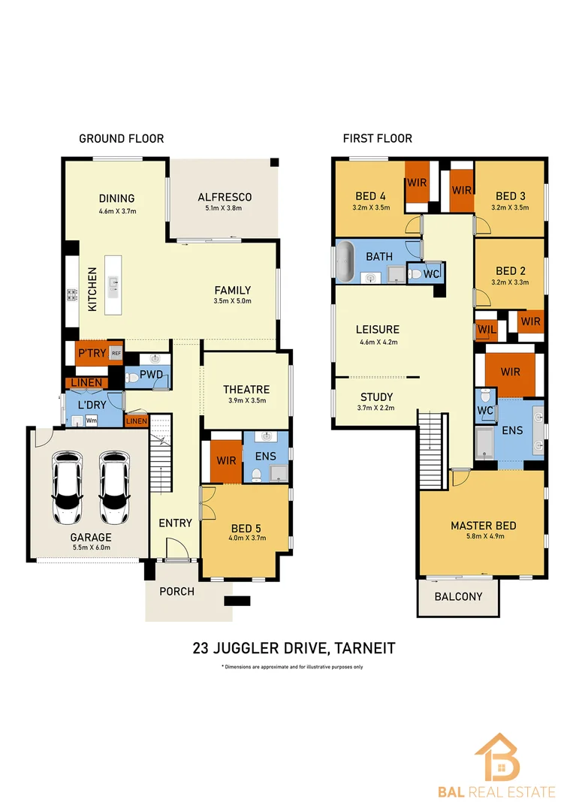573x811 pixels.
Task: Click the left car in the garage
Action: point(68,488)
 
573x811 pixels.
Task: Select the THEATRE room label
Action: point(246,389)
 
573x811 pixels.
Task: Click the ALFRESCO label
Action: point(225,197)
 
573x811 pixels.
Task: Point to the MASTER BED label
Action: point(483,526)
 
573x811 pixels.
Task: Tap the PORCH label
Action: point(176,591)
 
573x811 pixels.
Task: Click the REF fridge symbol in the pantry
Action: point(116,353)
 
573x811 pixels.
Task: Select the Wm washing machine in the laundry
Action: point(91,421)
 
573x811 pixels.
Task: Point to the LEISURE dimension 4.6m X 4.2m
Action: point(377,342)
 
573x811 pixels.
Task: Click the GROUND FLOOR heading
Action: point(121,138)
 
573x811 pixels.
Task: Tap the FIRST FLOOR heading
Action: point(377,138)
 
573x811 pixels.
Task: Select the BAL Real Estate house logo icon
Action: point(496,757)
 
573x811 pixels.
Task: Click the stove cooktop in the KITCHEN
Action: point(73,295)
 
